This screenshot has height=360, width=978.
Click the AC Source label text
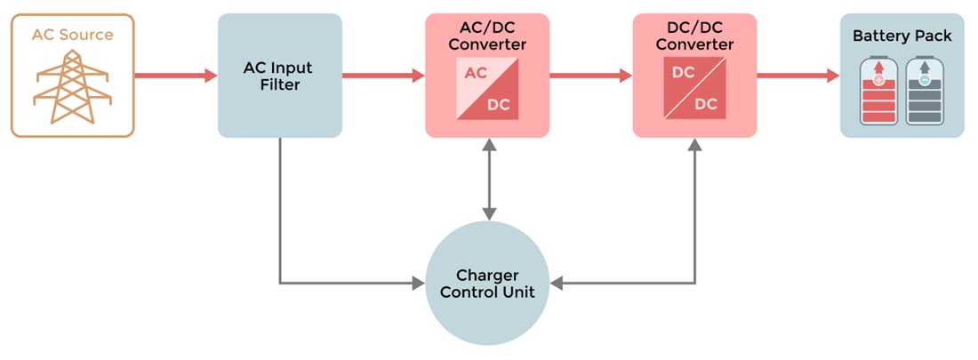[x=72, y=35]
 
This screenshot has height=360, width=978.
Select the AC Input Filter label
[x=279, y=76]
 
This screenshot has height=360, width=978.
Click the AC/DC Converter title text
[x=487, y=36]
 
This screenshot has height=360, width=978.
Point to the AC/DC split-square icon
[x=487, y=89]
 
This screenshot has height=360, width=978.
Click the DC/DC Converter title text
[x=694, y=36]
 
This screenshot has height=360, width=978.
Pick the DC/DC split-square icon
[x=694, y=89]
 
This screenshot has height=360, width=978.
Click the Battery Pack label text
[x=902, y=36]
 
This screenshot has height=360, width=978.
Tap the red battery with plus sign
[x=878, y=92]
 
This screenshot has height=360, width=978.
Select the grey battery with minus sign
[x=925, y=92]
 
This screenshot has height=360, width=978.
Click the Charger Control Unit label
[x=487, y=284]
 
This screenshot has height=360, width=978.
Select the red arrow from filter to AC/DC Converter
[x=382, y=76]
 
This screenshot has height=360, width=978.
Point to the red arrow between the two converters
[x=590, y=76]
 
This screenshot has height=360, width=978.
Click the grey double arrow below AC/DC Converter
[x=487, y=179]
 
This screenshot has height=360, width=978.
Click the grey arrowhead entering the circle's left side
[x=418, y=284]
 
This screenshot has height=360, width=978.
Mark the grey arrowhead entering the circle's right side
[x=557, y=284]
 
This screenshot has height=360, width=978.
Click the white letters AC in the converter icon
[x=476, y=73]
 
